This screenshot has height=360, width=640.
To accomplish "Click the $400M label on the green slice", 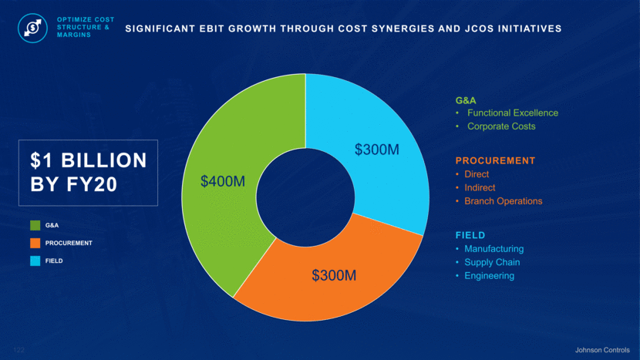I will click(x=223, y=181).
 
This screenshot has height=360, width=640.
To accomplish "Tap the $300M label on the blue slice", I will click(x=377, y=150).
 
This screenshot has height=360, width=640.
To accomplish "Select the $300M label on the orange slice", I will click(x=334, y=275).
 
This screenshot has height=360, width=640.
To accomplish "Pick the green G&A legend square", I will click(x=35, y=226).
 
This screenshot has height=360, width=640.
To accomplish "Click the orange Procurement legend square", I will click(x=35, y=243).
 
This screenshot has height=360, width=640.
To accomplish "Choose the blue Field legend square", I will click(x=35, y=261).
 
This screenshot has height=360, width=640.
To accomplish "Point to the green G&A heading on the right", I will click(x=466, y=100).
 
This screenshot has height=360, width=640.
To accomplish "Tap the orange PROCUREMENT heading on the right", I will click(x=495, y=161).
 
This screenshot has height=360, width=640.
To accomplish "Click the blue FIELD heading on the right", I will click(x=470, y=235).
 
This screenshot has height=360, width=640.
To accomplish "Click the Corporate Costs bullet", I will click(x=500, y=126).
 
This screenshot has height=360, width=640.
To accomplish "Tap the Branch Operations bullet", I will click(x=503, y=201).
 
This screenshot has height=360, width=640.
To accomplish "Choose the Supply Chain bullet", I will click(x=492, y=262).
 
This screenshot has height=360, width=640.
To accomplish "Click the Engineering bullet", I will click(x=489, y=276).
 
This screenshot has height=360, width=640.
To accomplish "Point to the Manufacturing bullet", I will click(x=493, y=249).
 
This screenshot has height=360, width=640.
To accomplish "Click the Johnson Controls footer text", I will click(x=603, y=350).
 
